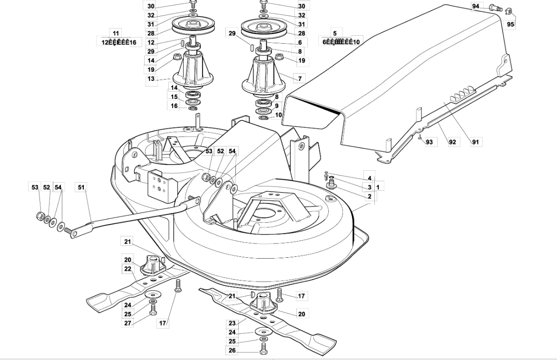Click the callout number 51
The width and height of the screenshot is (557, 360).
pos(81,187)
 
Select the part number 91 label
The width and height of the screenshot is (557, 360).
pos(475,142)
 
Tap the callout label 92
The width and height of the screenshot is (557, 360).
pos(452,142)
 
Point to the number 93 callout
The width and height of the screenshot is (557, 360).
pos(430,142)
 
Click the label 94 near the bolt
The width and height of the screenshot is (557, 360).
pos(476,6)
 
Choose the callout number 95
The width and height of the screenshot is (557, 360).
pos(510,24)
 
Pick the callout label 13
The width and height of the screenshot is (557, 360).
pos(151,78)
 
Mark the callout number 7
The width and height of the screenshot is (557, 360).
pos(300,78)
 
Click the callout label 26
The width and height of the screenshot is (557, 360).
pos(232,351)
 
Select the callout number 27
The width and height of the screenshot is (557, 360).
pos(127,323)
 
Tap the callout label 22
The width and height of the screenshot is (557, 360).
pos(127,269)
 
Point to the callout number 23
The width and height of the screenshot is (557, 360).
pos(232,323)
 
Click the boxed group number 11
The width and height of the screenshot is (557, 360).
pos(116,33)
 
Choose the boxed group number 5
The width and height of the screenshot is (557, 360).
pos(335,33)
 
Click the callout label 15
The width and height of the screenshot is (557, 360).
pos(175,97)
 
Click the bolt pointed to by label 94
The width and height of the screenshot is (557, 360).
pos(496,8)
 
